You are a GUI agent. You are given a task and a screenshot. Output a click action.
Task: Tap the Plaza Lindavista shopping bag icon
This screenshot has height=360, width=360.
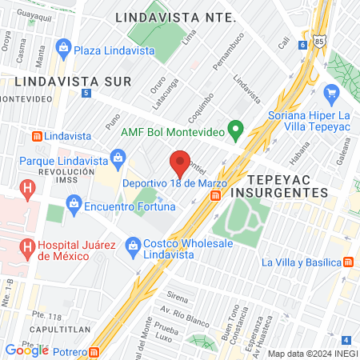coord(63,50)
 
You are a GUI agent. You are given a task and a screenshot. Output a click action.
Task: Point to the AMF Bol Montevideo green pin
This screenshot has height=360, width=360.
coord(235,128)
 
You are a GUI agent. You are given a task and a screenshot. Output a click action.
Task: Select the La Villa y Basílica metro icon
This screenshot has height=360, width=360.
coord(349,262)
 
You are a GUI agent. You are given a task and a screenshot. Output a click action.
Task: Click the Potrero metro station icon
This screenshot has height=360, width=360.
coord(95,350)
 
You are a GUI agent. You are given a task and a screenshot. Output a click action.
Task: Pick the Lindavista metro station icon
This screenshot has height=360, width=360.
coord(35,137)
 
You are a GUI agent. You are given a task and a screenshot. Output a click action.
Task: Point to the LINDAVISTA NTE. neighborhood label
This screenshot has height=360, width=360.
coord(174,17)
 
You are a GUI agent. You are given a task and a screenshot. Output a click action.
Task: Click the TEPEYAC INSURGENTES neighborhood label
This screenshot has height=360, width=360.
coord(287,186)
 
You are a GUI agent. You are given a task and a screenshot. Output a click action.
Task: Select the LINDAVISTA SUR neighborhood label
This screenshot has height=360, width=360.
coord(50,81)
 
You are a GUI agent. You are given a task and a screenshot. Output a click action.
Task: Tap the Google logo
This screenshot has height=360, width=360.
coord(27,350)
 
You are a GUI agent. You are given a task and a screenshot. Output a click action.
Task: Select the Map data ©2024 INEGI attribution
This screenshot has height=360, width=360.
coord(312,354)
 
